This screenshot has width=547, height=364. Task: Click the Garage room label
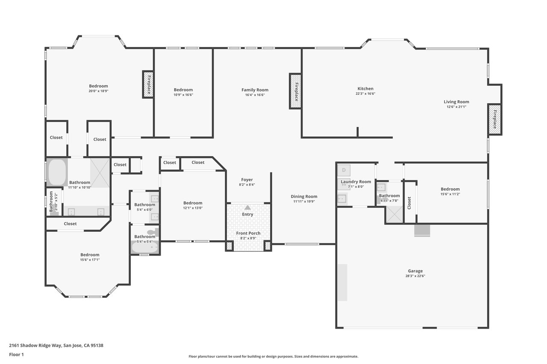(x=415, y=271)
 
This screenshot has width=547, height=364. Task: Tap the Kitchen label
(x=365, y=88)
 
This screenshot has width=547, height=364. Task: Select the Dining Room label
(x=304, y=196)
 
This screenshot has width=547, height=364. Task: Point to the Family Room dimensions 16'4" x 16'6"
(x=255, y=95)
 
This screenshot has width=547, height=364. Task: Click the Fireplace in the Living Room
(x=495, y=119)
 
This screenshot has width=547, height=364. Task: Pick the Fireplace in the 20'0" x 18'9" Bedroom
(x=148, y=84)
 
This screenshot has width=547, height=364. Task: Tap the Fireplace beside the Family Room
(x=295, y=91)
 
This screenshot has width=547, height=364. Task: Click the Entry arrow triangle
(x=247, y=207)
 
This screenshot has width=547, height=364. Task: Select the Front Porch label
(x=248, y=233)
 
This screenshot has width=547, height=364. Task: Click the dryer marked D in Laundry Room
(x=344, y=170)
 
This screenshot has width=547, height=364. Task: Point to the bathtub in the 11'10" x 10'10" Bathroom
(x=57, y=172)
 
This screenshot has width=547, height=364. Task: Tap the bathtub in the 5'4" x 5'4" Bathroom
(x=145, y=247)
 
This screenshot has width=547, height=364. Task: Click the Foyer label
(x=247, y=180)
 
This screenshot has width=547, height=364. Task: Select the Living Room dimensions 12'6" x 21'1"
(x=456, y=107)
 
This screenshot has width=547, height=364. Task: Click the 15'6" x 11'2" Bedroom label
(x=450, y=189)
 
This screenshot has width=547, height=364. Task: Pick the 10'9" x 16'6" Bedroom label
(x=183, y=90)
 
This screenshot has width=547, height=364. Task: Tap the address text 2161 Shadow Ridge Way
(x=35, y=346)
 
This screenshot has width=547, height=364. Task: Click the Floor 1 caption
(x=16, y=355)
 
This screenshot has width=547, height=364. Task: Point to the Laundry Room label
(x=356, y=182)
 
